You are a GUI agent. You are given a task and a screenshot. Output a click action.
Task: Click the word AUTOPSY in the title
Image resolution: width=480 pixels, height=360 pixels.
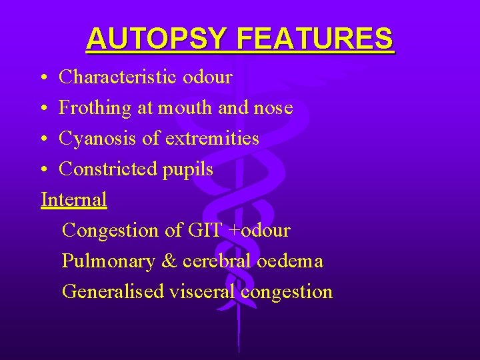(x=157, y=39)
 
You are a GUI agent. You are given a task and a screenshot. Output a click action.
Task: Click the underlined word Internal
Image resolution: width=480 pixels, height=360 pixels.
(x=74, y=199)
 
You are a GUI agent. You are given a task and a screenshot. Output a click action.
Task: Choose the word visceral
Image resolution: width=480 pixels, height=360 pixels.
(x=203, y=292)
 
